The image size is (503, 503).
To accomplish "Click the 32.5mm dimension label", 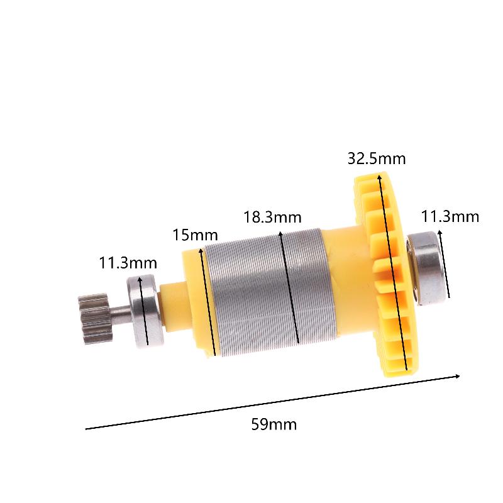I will tap(377, 158).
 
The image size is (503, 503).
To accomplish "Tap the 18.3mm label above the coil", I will tap(272, 218).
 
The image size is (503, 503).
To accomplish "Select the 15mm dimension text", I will tap(195, 236).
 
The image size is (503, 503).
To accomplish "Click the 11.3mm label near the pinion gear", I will tap(128, 263).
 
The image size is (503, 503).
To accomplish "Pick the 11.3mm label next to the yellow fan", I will tap(450, 217).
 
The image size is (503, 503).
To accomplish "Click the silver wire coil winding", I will tap(264, 296).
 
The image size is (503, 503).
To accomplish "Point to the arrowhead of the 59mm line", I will tap(458, 377).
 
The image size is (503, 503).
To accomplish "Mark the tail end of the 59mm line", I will tap(87, 429).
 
